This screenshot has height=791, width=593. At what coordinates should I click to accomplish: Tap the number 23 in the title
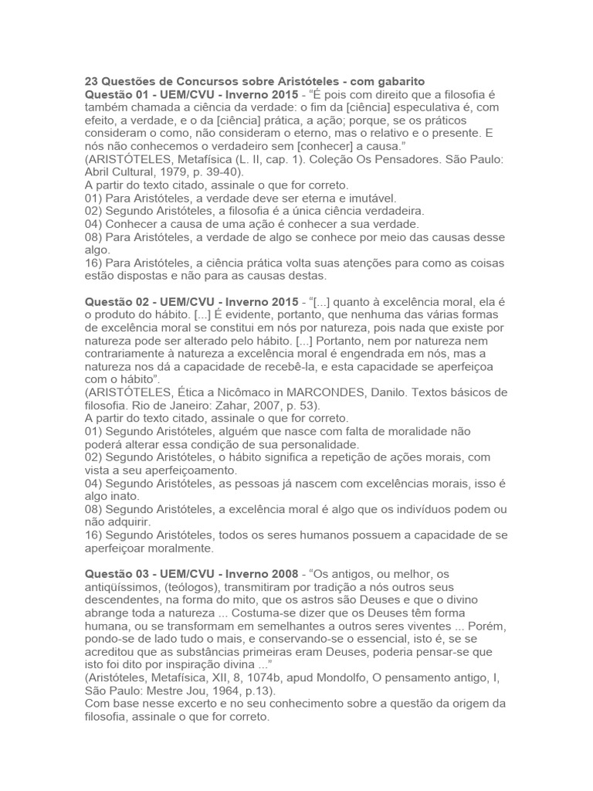[91, 81]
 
